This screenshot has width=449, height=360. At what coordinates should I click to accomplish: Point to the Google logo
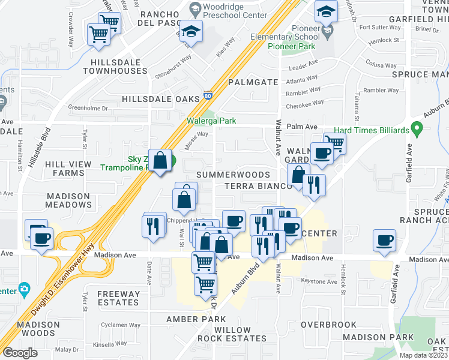20,352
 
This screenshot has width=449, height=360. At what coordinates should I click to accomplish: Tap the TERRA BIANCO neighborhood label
258,186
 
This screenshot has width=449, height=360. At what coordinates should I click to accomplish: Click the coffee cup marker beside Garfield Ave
384,241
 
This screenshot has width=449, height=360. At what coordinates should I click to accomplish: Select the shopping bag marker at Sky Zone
161,161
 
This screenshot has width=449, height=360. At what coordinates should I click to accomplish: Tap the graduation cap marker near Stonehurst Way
191,32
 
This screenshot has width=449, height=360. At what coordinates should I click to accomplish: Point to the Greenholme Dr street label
88,108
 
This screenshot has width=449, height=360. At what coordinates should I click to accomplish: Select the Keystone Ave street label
321,281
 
